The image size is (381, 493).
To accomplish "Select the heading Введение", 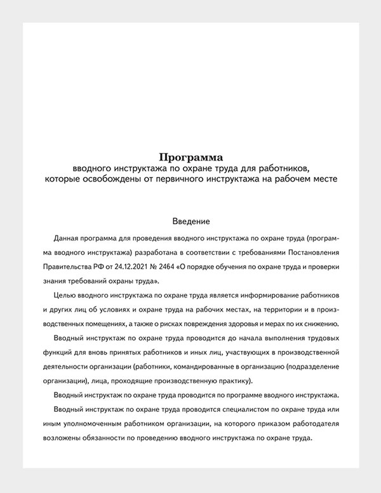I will pos(190,221).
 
